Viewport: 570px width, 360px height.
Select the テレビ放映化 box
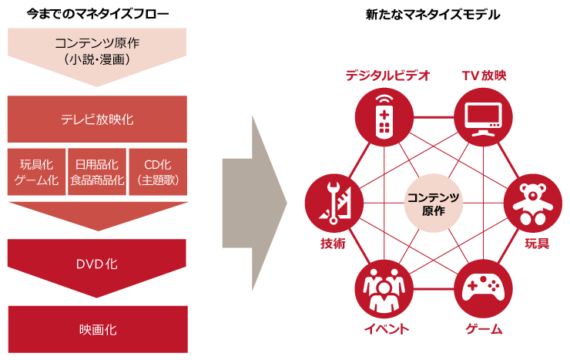coord(97,119)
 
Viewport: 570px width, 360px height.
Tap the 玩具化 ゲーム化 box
coord(37,172)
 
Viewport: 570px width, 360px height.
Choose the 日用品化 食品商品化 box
coord(97,172)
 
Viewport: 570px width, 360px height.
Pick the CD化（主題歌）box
coord(157,172)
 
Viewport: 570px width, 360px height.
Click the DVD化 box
coord(97,263)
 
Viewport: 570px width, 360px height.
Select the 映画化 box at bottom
coord(97,329)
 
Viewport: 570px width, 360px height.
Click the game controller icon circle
coord(483,289)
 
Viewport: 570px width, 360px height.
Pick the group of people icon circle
coord(384,289)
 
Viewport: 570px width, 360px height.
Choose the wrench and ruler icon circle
coord(334,204)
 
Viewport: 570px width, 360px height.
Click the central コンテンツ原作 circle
coord(434,204)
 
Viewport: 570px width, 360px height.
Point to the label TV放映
coord(484,76)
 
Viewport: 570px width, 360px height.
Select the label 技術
coord(334,244)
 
